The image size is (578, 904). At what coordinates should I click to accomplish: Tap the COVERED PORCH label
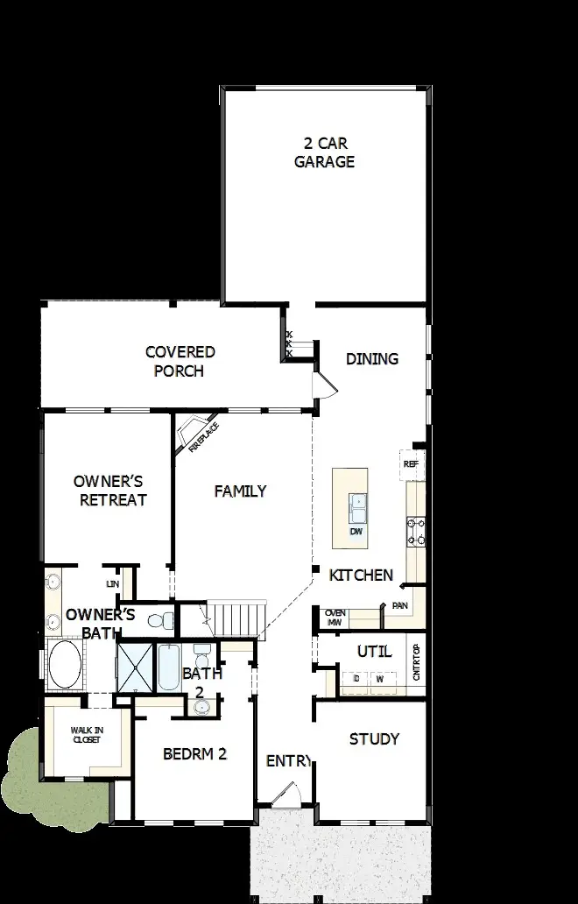click(x=180, y=361)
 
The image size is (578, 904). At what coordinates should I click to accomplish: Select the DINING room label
click(x=371, y=358)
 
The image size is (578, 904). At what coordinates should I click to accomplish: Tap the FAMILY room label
click(x=240, y=491)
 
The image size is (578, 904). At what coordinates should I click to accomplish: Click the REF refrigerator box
click(x=409, y=463)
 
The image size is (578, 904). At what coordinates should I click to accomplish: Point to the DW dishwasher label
click(x=356, y=532)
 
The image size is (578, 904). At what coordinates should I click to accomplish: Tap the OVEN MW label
click(x=334, y=618)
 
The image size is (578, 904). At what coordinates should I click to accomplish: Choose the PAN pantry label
click(x=400, y=605)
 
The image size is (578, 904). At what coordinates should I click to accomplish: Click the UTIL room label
click(x=374, y=652)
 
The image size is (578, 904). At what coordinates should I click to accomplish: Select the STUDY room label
click(x=374, y=738)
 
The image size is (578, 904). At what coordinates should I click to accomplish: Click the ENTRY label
click(x=289, y=761)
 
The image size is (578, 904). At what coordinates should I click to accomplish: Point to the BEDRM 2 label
click(x=194, y=753)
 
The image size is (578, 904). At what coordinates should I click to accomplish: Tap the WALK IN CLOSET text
click(x=86, y=734)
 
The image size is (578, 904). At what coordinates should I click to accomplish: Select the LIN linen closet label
click(x=112, y=583)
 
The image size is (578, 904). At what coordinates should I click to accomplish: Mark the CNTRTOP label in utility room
click(x=416, y=662)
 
